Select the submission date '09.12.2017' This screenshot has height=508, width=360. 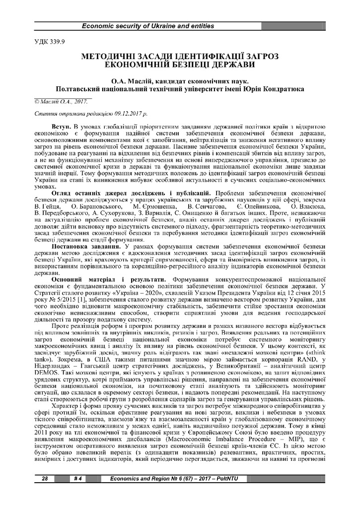coord(118,114)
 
